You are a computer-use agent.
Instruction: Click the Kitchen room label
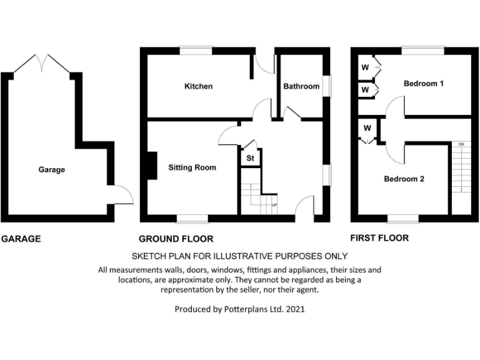[x=198, y=86]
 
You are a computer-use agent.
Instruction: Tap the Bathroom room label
[x=301, y=86]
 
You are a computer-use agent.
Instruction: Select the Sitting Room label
[x=192, y=167]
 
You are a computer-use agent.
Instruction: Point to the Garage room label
[x=51, y=169]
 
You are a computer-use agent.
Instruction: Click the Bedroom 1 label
[x=423, y=83]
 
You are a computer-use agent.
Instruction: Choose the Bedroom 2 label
[x=404, y=179]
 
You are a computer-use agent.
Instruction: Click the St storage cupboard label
[x=250, y=159]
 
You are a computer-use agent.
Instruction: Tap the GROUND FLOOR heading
[x=176, y=239]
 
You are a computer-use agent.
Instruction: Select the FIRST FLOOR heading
[x=379, y=238]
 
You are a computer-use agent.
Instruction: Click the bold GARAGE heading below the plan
[x=21, y=239]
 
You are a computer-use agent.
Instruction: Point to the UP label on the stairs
[x=274, y=205]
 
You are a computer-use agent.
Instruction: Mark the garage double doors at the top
[x=42, y=63]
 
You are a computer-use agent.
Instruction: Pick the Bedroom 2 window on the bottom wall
[x=403, y=218]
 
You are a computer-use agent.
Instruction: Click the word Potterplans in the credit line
[x=236, y=309]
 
